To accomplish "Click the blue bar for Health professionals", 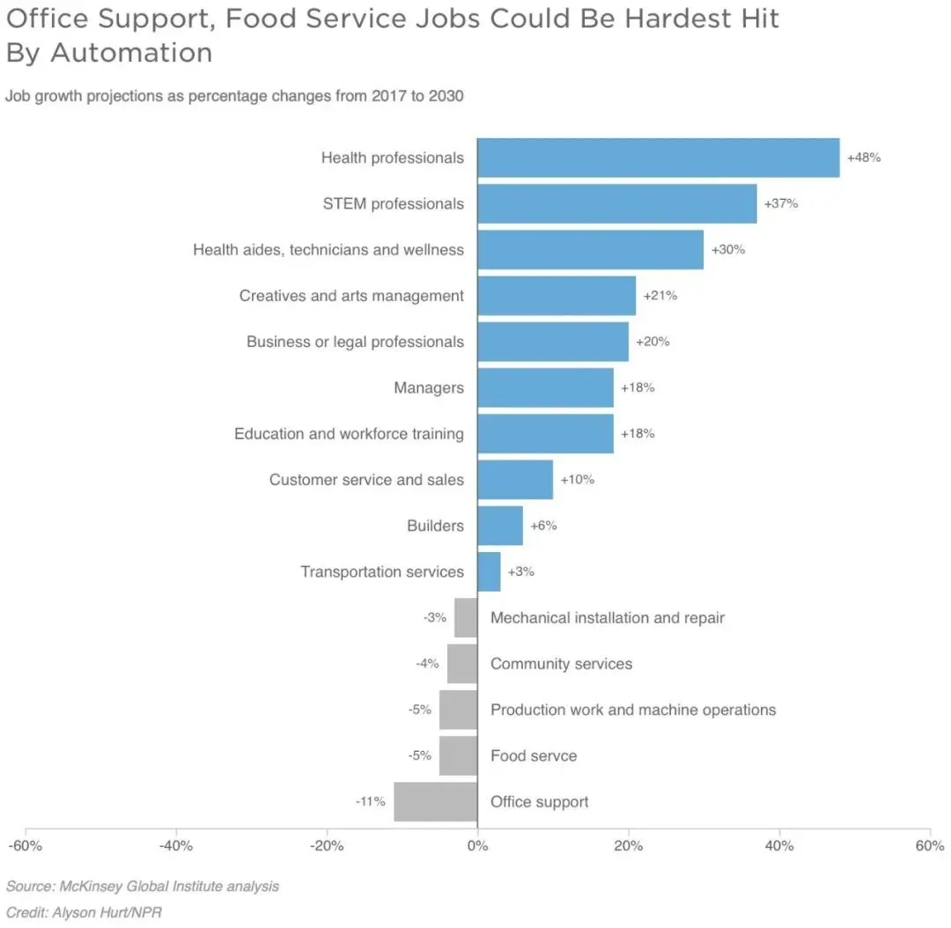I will [658, 158].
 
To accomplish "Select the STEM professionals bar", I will [616, 203].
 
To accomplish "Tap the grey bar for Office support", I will [435, 801].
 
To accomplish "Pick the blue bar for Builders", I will [500, 526].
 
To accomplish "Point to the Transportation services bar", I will [489, 571].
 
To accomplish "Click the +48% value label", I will [863, 158].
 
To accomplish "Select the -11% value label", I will [370, 801].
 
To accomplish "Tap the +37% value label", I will [780, 203].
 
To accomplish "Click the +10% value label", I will [577, 480].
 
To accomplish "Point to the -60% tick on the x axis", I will [25, 846].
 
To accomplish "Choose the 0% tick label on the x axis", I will [477, 846].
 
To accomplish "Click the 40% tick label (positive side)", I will [779, 846].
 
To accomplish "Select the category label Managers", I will [429, 387].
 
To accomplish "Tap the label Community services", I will [561, 664].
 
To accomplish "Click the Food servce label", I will [534, 755].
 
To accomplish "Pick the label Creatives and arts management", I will [351, 296].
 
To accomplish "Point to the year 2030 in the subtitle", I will [446, 95].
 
